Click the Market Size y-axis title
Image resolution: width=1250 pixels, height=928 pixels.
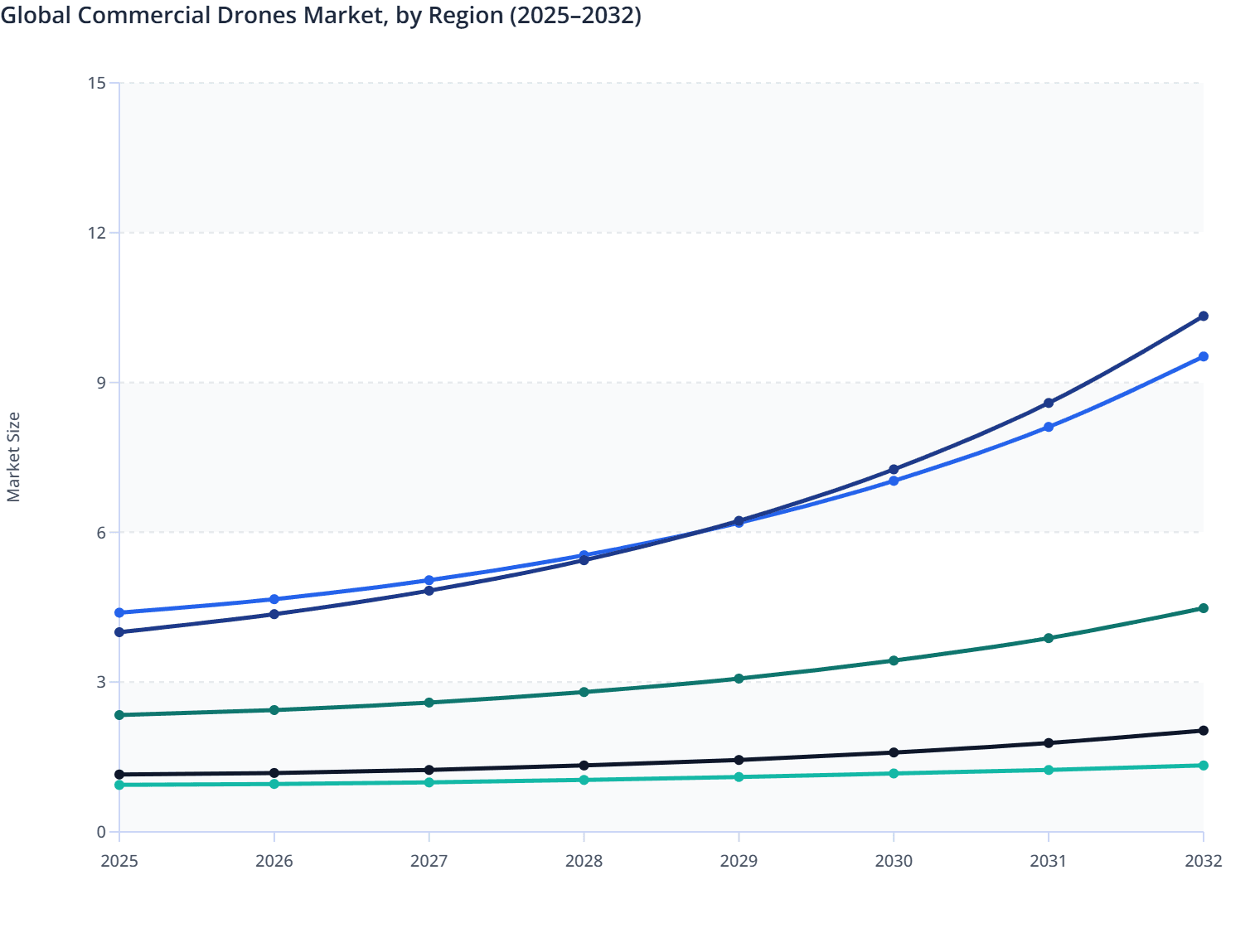(13, 457)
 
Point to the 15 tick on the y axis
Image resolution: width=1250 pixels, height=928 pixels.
(97, 83)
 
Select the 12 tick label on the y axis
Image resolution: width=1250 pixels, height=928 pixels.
(97, 233)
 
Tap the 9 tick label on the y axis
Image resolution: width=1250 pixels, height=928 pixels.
(101, 383)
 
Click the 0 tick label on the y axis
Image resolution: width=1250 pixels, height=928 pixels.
(101, 832)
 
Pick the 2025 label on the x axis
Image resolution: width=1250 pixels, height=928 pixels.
(119, 861)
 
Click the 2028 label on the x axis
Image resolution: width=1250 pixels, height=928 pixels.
(584, 861)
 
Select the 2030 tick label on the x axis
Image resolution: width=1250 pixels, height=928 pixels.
(894, 861)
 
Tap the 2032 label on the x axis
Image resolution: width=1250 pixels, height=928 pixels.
(1203, 861)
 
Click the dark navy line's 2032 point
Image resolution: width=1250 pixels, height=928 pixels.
(1203, 317)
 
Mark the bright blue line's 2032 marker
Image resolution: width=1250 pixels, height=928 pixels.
(1203, 356)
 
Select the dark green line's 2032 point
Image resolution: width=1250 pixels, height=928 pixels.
(1203, 608)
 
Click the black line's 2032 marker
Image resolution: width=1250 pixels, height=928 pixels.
(1203, 731)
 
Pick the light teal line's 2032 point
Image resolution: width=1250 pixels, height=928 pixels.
(1203, 766)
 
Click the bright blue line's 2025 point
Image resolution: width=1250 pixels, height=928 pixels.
(119, 612)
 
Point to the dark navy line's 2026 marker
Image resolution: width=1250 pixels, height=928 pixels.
(274, 614)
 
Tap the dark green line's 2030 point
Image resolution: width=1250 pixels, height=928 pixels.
(894, 660)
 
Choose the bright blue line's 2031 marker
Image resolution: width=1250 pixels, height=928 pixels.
(1049, 427)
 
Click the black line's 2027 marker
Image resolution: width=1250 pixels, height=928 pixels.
(429, 770)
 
